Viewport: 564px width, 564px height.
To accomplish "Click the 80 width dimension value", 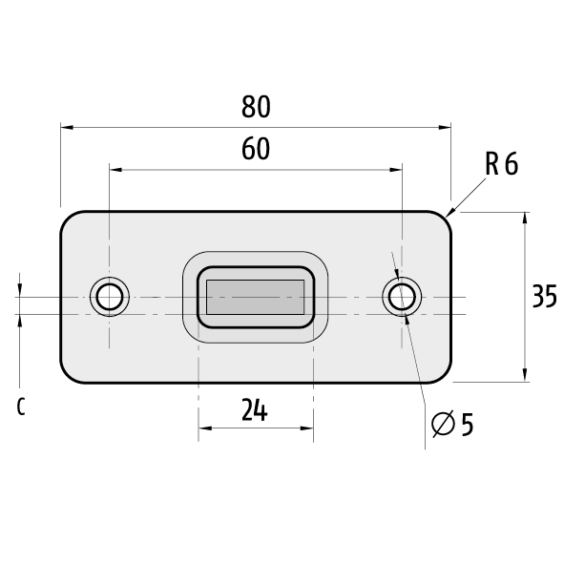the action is (x=256, y=107).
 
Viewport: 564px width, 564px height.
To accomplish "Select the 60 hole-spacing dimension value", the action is (x=256, y=149).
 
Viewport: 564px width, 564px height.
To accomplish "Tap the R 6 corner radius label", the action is (x=501, y=163).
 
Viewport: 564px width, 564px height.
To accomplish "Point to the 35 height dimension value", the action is (x=544, y=297).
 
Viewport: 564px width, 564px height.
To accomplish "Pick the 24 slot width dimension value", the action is (x=255, y=409).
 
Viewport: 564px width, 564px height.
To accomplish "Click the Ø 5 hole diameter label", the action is (x=452, y=425).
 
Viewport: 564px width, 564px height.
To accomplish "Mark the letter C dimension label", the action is (x=21, y=407).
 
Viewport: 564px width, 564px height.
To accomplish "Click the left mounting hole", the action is (x=110, y=297).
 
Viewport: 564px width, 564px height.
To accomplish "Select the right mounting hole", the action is (x=402, y=297).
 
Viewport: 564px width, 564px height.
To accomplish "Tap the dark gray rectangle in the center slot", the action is (x=255, y=297).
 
